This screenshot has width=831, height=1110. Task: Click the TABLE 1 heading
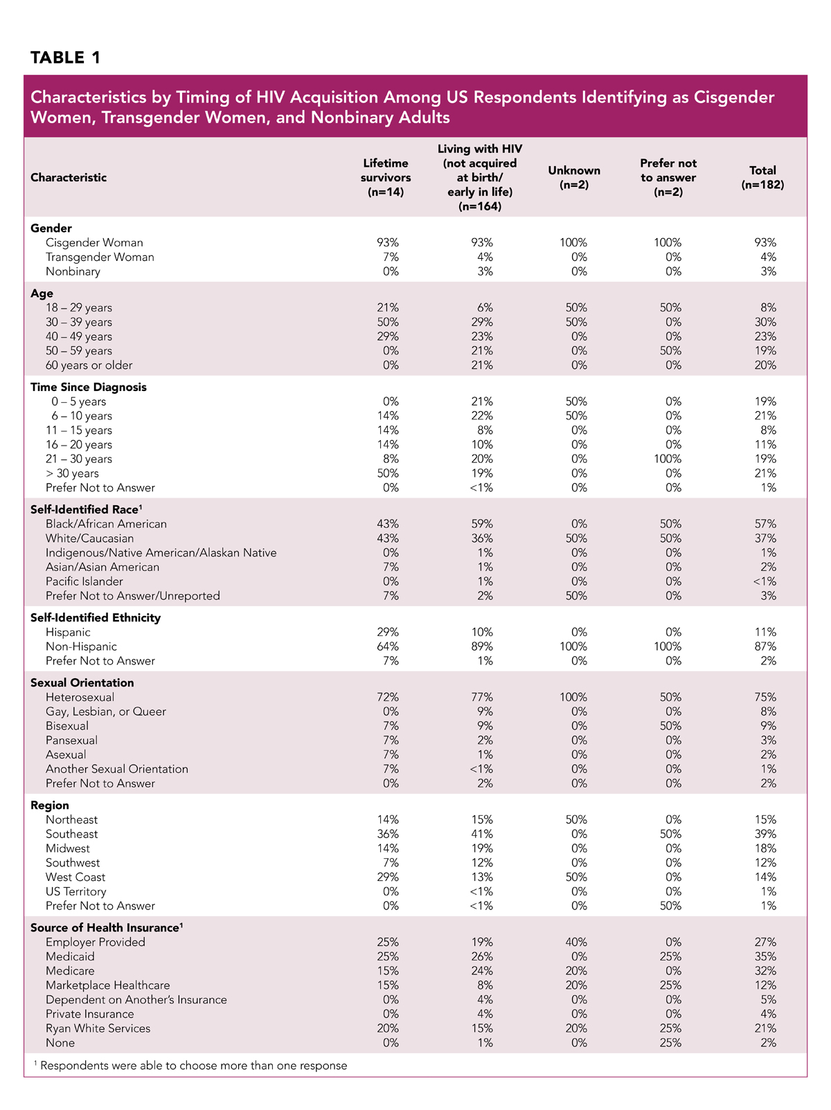[x=66, y=57]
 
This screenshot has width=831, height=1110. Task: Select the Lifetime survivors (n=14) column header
[x=386, y=177]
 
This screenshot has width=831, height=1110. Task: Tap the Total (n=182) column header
[x=762, y=177]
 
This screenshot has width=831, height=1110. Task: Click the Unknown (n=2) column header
[x=574, y=177]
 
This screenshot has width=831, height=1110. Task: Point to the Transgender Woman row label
[x=100, y=257]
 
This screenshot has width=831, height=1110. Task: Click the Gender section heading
[x=51, y=228]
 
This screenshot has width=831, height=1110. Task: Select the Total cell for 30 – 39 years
[x=765, y=322]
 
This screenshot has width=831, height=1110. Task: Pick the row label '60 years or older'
[x=89, y=365]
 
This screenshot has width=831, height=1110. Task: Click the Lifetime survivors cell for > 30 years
[x=388, y=473]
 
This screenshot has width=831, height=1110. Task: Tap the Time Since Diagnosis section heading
[x=89, y=387]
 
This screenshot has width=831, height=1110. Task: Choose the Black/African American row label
[x=106, y=524]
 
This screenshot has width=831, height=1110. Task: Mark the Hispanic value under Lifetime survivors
[x=388, y=632]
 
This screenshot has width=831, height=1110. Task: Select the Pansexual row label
[x=71, y=740]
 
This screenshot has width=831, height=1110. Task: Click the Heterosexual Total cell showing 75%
[x=765, y=697]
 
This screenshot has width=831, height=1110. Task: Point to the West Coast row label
[x=75, y=877]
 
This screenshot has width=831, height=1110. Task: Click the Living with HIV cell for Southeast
[x=482, y=834]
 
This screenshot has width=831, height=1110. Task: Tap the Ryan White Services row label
[x=98, y=1028]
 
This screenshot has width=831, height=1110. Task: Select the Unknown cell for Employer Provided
[x=576, y=942]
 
